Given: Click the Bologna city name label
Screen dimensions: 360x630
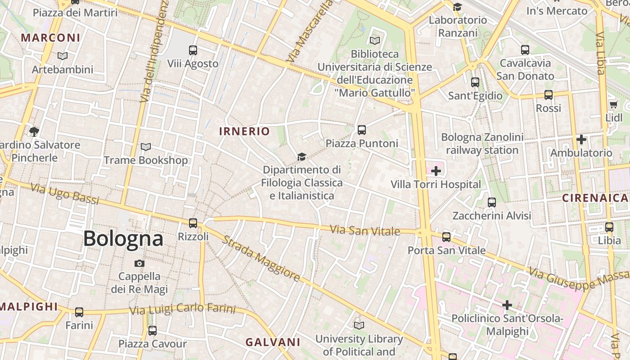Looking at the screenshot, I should click(x=123, y=238).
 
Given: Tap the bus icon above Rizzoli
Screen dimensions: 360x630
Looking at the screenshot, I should click(x=193, y=223).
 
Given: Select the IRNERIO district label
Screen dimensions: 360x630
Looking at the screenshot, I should click(x=244, y=131).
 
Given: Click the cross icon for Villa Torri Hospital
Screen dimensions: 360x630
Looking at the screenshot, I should click(x=436, y=171).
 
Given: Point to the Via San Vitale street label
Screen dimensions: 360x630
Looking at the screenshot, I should click(x=365, y=230).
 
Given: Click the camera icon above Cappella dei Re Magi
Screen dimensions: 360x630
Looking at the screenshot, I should click(x=139, y=263).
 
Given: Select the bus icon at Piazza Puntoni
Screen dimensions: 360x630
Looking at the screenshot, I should click(x=361, y=130).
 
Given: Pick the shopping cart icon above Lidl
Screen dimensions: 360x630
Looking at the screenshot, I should click(x=613, y=105).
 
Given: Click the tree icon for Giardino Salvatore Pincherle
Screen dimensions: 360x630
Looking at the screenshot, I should click(x=34, y=131).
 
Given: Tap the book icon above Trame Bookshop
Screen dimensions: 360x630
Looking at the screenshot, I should click(x=145, y=147).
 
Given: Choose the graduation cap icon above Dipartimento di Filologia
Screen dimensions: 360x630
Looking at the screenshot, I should click(x=301, y=157).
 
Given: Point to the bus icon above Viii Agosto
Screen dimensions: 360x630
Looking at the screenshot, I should click(x=193, y=50).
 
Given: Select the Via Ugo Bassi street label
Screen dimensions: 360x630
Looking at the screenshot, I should click(x=64, y=194).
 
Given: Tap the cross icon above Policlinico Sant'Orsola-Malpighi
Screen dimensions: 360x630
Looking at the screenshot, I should click(x=507, y=305).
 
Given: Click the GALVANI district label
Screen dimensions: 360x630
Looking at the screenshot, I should click(x=273, y=342).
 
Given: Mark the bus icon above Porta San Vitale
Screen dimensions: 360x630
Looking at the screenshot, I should click(x=446, y=237).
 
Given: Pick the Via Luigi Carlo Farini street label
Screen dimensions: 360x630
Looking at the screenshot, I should click(x=182, y=310).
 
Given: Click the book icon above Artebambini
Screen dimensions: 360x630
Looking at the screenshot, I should click(x=63, y=56).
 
